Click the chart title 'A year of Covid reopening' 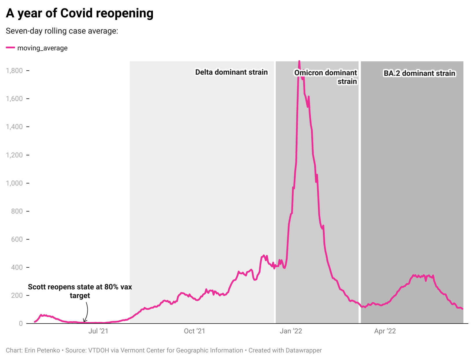click(x=80, y=13)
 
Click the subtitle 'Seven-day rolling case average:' click(x=62, y=31)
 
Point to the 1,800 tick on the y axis click(x=14, y=71)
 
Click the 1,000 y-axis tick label click(x=14, y=183)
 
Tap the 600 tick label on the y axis click(x=17, y=239)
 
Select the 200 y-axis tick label click(x=17, y=295)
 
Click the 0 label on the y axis click(x=21, y=324)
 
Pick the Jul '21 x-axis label click(x=98, y=331)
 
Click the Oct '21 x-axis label click(x=194, y=331)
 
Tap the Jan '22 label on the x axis click(x=291, y=331)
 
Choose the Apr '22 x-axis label click(x=385, y=331)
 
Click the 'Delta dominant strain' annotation click(x=231, y=72)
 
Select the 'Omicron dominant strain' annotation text click(x=326, y=77)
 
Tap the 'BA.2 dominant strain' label click(x=419, y=73)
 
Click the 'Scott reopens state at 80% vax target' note click(x=80, y=291)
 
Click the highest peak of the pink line click(x=299, y=61)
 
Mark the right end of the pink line click(x=462, y=309)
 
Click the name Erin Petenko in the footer click(x=42, y=350)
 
